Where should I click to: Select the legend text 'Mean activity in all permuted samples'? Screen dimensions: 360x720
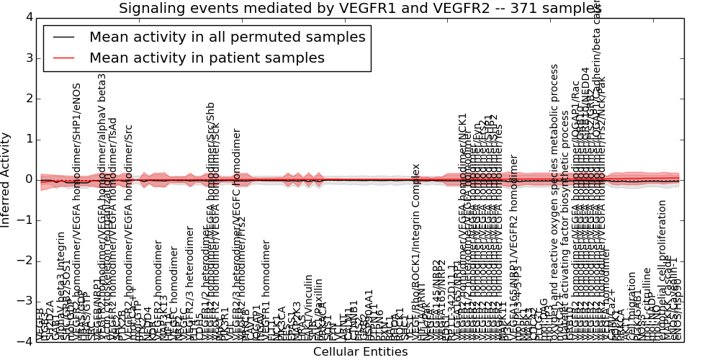click(x=228, y=37)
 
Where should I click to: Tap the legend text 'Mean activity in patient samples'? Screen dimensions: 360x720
click(x=207, y=58)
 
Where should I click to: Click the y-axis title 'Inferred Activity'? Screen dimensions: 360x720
click(x=6, y=180)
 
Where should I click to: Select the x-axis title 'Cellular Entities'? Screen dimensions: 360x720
click(x=360, y=352)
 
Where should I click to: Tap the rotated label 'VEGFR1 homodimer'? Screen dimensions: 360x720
click(x=266, y=288)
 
